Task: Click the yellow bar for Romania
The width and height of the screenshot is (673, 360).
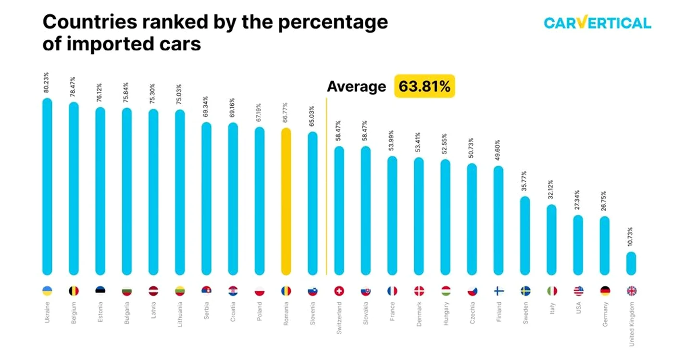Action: coord(286,201)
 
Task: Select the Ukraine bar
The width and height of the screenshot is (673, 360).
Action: coord(47,186)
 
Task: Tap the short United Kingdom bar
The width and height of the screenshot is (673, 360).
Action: coord(631,263)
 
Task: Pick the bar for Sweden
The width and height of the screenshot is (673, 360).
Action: coord(525,236)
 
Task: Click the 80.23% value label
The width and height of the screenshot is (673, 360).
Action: coord(46,83)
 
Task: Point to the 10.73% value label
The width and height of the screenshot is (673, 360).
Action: coord(630,237)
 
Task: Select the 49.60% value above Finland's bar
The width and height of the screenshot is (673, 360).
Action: coord(497,150)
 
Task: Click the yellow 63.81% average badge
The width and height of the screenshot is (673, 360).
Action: coord(424,86)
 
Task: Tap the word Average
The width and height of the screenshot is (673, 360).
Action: coord(356,87)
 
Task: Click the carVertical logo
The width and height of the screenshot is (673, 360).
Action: coord(597,22)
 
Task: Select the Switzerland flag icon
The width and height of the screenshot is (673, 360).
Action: coord(339,291)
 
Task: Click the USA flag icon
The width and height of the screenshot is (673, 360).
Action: coord(578,291)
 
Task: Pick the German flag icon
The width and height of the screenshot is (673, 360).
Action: coord(605,291)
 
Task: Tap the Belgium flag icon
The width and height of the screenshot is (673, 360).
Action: coord(74,291)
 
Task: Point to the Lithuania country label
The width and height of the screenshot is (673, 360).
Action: coord(180,314)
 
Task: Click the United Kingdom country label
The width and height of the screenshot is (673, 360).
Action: coord(631,324)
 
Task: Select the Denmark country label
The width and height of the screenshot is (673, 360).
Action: coord(419,314)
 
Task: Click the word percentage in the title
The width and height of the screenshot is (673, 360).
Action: coord(333,22)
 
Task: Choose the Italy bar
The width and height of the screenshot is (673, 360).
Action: coord(551,240)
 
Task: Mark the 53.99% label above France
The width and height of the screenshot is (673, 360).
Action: coord(391,141)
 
